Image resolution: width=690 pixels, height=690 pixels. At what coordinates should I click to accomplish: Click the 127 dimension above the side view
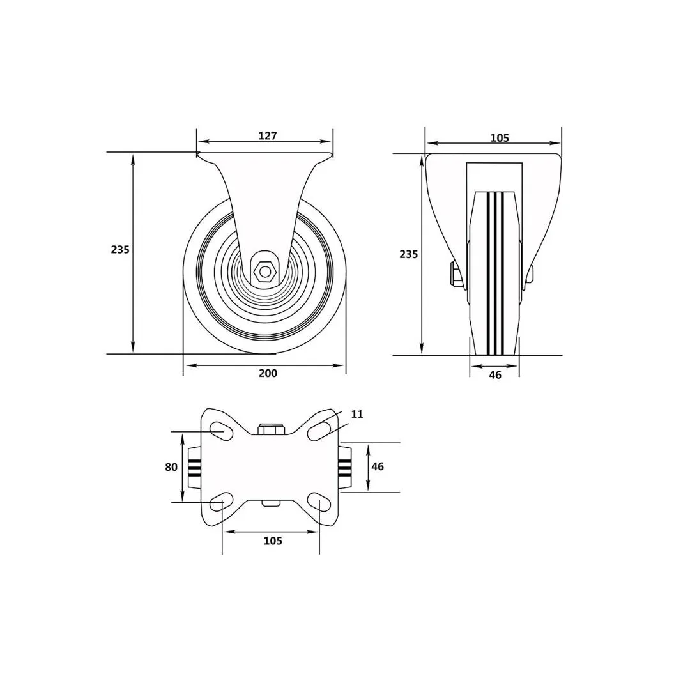point(268,135)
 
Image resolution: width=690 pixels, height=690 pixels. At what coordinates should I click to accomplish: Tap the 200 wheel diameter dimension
point(268,373)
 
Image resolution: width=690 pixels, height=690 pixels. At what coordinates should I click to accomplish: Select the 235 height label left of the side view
point(120,250)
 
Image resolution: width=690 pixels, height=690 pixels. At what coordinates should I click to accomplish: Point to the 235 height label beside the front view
point(409,254)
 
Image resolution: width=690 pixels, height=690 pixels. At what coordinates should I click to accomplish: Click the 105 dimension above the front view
point(500,138)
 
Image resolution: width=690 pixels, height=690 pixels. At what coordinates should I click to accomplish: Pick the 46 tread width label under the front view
point(495,375)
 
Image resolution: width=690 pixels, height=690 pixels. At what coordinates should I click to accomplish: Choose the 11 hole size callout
point(357,414)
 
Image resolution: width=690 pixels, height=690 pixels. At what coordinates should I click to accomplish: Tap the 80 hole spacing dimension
point(171,467)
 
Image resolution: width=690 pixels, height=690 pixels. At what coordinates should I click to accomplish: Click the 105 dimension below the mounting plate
point(273,540)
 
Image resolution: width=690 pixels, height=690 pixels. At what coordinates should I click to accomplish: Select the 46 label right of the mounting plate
point(378,466)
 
